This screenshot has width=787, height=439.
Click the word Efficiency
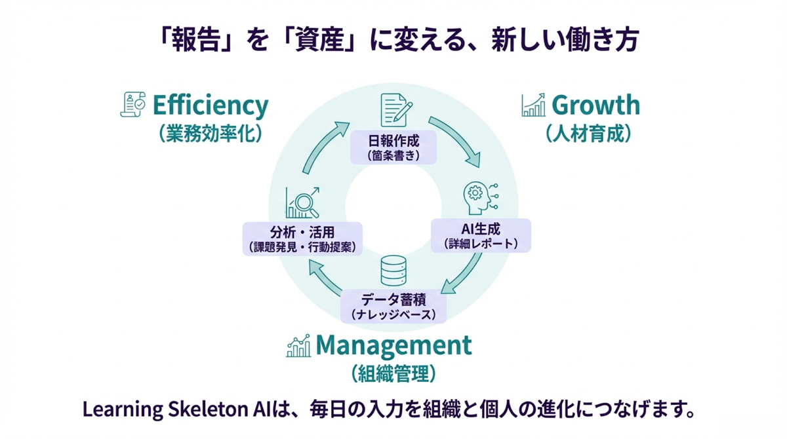210,105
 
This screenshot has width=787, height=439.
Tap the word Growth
595,105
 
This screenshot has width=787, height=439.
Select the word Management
393,345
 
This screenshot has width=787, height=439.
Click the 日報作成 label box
394,147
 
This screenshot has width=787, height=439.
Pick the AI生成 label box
481,235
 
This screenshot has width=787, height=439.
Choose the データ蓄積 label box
393,306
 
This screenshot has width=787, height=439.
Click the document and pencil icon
395,110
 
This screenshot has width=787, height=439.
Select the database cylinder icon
393,271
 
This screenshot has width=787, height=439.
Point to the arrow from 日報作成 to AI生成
457,141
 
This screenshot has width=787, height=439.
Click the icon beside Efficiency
133,105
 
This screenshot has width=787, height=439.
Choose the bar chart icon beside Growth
533,105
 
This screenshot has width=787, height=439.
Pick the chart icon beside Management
298,345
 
